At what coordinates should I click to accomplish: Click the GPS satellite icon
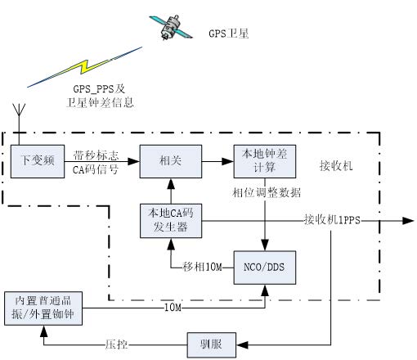tap(171, 27)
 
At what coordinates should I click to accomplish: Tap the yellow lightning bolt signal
tap(84, 67)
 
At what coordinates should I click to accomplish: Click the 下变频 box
tap(38, 161)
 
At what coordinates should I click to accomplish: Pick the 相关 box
tap(171, 161)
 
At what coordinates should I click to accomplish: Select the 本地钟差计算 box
tap(265, 161)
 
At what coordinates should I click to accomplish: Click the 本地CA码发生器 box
tap(171, 221)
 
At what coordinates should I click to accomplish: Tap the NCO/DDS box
tap(265, 268)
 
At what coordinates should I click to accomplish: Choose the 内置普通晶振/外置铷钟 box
tap(43, 308)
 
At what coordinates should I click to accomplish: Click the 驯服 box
tap(212, 345)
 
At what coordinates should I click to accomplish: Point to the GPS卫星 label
tap(229, 34)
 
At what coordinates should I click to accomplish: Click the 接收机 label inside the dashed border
tap(336, 165)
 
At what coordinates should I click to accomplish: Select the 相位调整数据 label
tap(267, 192)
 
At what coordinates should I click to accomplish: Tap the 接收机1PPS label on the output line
tap(332, 219)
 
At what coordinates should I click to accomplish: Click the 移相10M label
tap(203, 267)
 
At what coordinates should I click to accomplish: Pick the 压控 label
tap(117, 344)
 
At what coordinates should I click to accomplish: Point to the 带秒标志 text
tap(96, 155)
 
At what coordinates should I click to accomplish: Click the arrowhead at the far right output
tap(408, 221)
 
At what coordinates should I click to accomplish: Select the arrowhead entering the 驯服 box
tap(242, 345)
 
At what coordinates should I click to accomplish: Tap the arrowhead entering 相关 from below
tap(171, 184)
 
